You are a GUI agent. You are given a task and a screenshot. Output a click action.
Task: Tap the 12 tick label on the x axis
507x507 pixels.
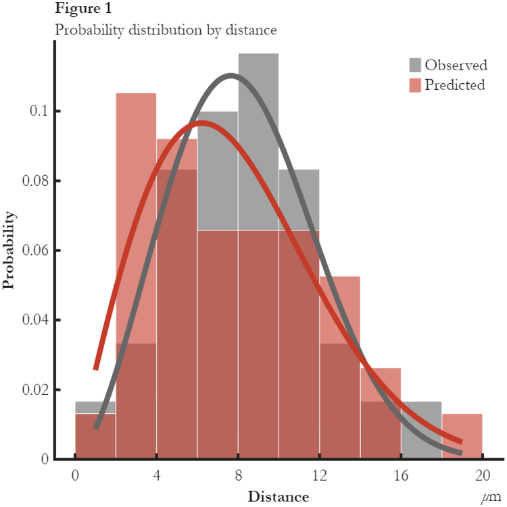[x=320, y=475]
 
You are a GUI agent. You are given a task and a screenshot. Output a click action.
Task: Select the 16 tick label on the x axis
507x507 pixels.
[x=401, y=475]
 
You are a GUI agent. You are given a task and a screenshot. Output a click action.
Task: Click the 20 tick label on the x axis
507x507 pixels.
[x=482, y=475]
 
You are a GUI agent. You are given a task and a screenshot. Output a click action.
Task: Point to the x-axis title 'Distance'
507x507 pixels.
[x=278, y=497]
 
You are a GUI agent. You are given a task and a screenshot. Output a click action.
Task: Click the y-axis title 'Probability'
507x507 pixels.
[x=9, y=250]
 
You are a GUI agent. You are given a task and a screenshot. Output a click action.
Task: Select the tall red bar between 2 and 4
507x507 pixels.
[x=136, y=203]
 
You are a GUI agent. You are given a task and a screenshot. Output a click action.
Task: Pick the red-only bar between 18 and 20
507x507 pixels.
[x=462, y=437]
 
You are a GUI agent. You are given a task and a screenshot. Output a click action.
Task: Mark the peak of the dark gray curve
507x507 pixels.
[x=231, y=75]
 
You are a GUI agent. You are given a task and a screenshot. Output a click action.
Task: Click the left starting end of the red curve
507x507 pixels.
[x=95, y=368]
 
